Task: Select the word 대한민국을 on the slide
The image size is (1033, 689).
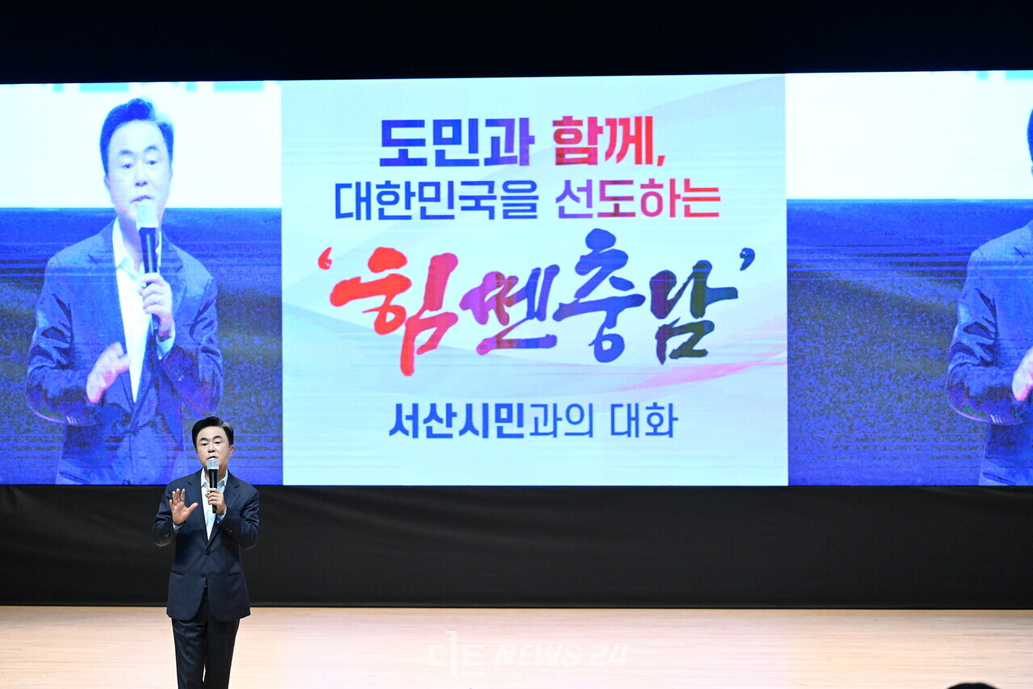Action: coord(437,200)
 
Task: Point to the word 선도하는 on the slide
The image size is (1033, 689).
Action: coord(638,200)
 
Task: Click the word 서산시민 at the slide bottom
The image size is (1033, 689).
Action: coord(457,420)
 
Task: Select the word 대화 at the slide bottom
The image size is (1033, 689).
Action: coord(643,420)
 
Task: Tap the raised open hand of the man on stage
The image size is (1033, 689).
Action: coord(181,506)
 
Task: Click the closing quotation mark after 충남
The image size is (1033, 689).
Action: coord(747,258)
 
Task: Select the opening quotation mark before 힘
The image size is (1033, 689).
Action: coord(325,258)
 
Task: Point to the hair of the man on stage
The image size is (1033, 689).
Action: coord(211,426)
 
